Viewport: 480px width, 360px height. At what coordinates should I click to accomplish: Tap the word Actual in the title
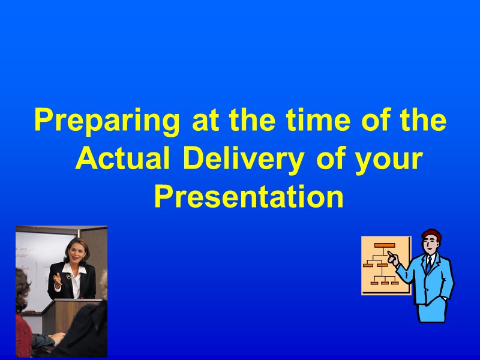124,160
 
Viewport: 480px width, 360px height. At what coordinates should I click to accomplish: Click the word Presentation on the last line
248,197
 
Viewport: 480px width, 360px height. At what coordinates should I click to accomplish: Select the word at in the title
203,122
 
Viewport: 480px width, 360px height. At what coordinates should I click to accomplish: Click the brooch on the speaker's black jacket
70,277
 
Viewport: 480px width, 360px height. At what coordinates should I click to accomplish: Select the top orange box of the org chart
385,245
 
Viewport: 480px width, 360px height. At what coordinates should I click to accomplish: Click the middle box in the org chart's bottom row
385,282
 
